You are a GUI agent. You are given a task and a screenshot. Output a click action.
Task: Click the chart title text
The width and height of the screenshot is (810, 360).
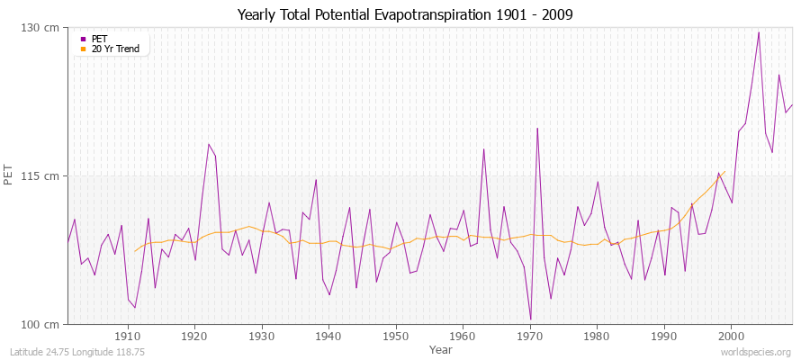pyautogui.click(x=404, y=14)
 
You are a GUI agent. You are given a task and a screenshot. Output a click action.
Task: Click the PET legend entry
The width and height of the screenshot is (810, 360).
pyautogui.click(x=100, y=39)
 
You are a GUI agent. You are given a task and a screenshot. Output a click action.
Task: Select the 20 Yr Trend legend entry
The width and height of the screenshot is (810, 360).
pyautogui.click(x=115, y=49)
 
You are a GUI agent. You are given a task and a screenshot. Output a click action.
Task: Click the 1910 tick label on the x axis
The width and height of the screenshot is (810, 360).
pyautogui.click(x=128, y=336)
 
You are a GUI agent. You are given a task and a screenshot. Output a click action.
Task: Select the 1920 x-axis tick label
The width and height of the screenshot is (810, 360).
pyautogui.click(x=194, y=336)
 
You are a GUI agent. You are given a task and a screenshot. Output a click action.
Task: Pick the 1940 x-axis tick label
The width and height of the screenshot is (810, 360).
pyautogui.click(x=328, y=336)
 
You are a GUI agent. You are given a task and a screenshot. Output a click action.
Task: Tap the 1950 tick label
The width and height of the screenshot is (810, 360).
pyautogui.click(x=396, y=336)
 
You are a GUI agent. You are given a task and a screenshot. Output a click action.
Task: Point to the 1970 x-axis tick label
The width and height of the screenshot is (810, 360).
pyautogui.click(x=530, y=336)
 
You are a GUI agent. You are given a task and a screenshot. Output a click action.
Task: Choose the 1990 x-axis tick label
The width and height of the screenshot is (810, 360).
pyautogui.click(x=664, y=336)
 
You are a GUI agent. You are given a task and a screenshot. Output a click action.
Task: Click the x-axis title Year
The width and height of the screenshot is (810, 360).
pyautogui.click(x=441, y=349)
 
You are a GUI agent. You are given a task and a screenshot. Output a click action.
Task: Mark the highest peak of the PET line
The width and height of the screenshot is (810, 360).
pyautogui.click(x=759, y=32)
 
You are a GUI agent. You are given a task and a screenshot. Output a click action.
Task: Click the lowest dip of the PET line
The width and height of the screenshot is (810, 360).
pyautogui.click(x=530, y=319)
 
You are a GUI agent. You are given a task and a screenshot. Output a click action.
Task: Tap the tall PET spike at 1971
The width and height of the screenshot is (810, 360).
pyautogui.click(x=537, y=128)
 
